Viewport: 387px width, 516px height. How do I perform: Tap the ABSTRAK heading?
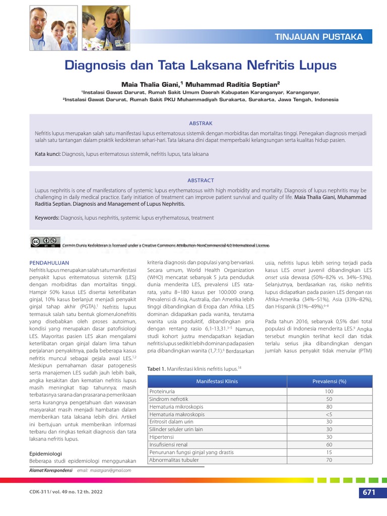pos(201,123)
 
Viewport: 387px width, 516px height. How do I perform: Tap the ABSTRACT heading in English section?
pos(201,180)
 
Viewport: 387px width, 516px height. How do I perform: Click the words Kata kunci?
pos(48,154)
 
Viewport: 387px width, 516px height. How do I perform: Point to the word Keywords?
pos(47,218)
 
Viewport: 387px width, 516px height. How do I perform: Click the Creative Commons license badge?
pos(45,242)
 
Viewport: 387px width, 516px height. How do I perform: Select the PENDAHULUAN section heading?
pos(49,263)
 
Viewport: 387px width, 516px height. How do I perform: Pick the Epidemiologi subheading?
pos(46,454)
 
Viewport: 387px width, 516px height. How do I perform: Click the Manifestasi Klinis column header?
pos(217,381)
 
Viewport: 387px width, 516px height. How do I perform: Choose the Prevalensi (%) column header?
pos(329,381)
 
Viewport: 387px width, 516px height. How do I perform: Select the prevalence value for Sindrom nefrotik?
pos(329,399)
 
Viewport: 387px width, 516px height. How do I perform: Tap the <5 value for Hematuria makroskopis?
pos(329,414)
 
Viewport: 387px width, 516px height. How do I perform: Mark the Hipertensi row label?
pos(162,437)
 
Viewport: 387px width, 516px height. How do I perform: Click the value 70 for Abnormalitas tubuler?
pos(329,460)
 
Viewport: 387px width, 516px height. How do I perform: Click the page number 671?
pos(368,492)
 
